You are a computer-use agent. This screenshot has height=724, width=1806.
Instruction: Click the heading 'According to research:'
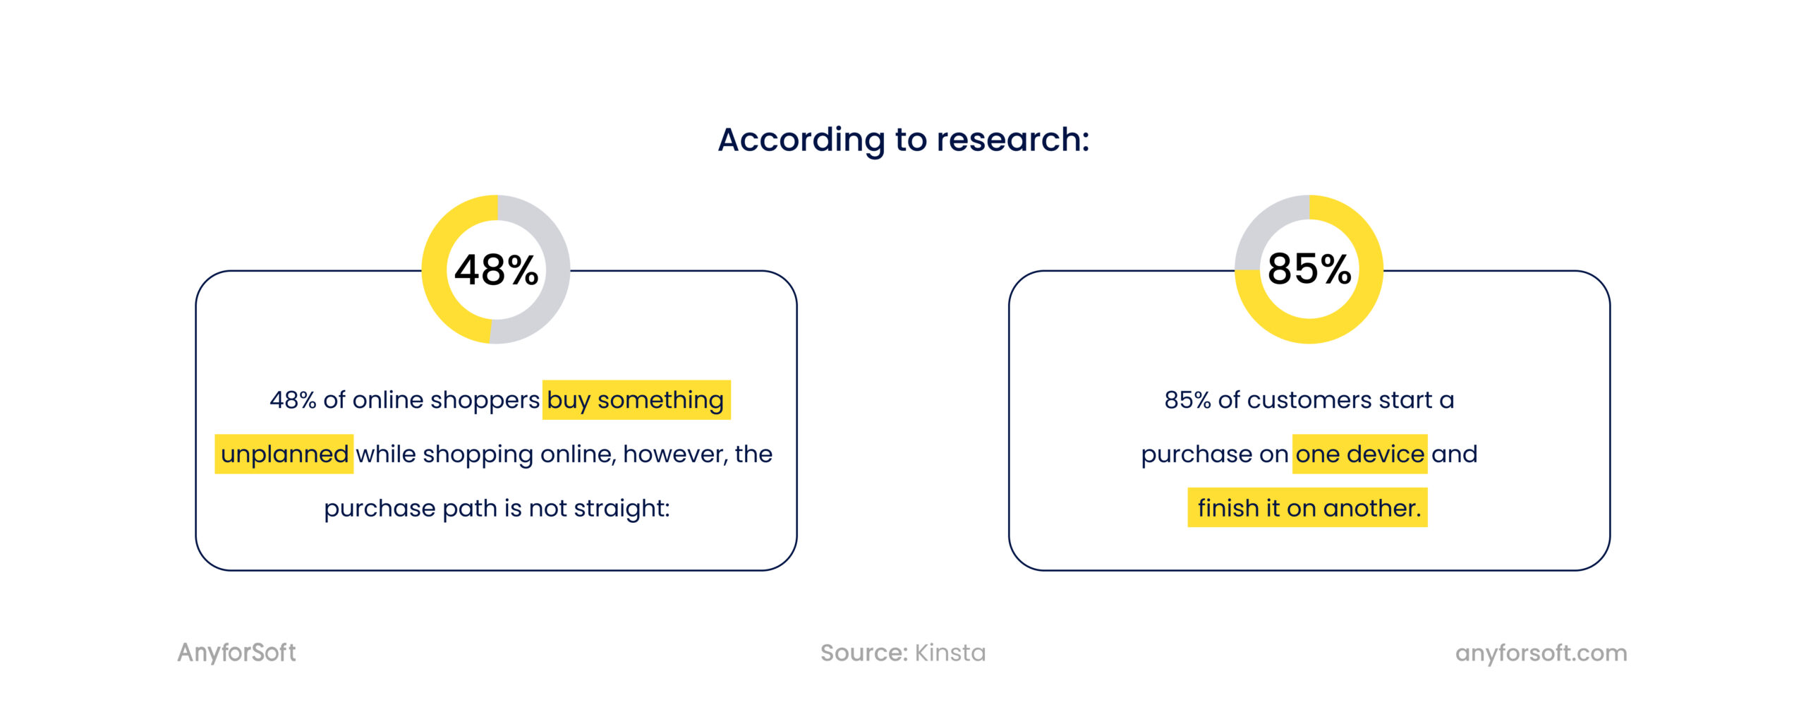[903, 140]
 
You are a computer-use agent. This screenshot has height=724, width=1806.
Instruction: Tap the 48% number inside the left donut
[496, 270]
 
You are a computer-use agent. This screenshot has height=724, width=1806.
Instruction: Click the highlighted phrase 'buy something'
[635, 400]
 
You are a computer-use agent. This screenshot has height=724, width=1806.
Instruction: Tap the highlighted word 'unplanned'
[284, 454]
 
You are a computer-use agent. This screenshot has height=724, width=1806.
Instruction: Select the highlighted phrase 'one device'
[1359, 454]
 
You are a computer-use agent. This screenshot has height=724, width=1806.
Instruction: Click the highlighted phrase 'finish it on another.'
[1309, 508]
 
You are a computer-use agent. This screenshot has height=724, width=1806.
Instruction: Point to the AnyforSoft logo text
[236, 653]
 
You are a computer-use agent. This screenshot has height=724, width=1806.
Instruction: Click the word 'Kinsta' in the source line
[950, 653]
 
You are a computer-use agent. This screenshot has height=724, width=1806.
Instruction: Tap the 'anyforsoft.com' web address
[1541, 653]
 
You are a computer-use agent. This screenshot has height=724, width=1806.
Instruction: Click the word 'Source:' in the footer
[863, 653]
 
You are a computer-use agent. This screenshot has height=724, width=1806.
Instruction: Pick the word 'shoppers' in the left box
[485, 400]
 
